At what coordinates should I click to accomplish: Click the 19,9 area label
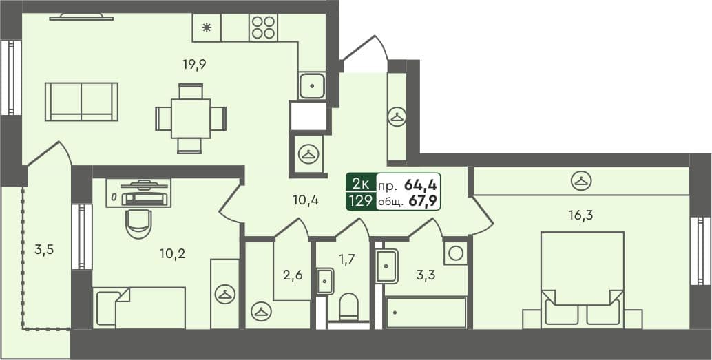click(x=195, y=65)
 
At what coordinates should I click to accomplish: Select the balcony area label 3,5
click(x=43, y=249)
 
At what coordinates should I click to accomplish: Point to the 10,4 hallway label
click(x=304, y=200)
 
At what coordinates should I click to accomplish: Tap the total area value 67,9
click(x=422, y=201)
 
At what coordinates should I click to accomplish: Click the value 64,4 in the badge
click(x=421, y=184)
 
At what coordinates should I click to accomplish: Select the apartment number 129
click(x=361, y=201)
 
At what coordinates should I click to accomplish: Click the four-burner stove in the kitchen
click(x=263, y=28)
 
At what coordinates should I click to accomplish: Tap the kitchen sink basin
click(x=312, y=86)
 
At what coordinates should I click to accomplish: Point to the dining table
click(x=191, y=118)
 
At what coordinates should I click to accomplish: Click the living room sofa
click(x=81, y=102)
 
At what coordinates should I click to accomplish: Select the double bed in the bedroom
click(x=582, y=279)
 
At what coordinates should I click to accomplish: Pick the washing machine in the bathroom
click(x=454, y=253)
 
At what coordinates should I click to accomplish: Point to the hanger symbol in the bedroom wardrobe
click(x=582, y=181)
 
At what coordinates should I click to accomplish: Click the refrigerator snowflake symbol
click(x=207, y=28)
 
